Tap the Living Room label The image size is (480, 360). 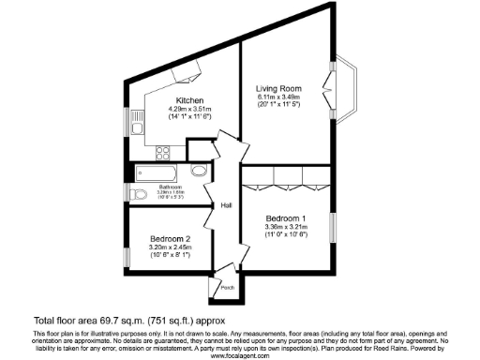279,88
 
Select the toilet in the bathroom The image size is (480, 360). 140,194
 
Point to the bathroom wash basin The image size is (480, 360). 199,172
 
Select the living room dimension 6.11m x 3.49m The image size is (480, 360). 279,97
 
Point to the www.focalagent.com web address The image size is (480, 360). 238,356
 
